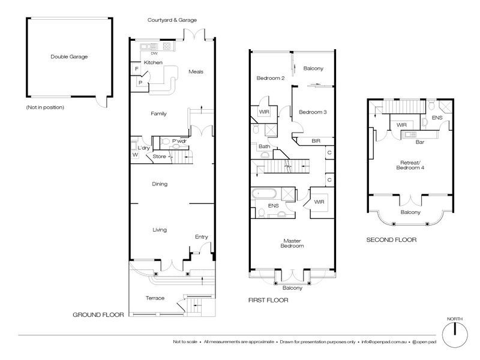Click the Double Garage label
[70, 57]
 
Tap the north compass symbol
[455, 332]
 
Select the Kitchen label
[152, 62]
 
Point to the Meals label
[196, 71]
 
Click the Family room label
[158, 113]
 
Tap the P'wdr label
[179, 142]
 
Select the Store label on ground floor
[159, 157]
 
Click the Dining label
[159, 184]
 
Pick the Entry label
[201, 237]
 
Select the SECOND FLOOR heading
[391, 240]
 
